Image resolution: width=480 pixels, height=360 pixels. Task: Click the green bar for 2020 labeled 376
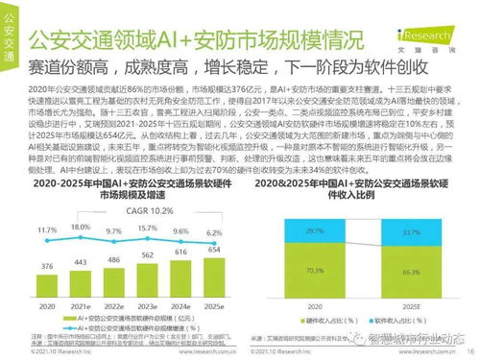(x=46, y=284)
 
